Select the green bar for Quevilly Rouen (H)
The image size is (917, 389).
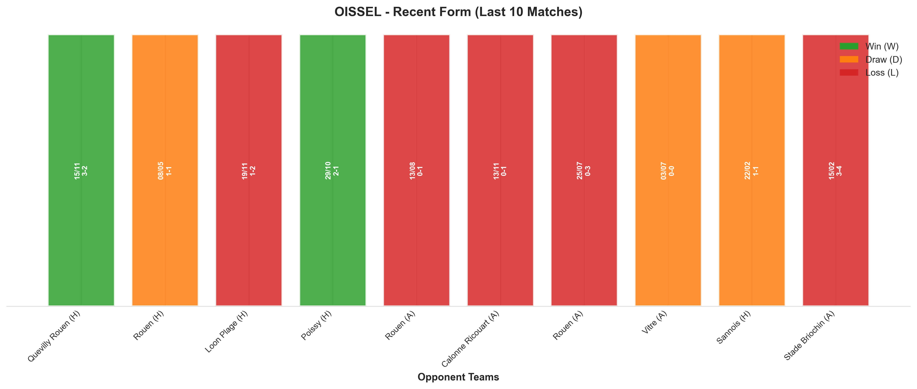coord(81,170)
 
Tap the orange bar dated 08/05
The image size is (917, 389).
coord(165,170)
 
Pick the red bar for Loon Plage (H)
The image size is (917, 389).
coord(249,170)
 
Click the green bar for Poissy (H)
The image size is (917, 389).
coord(333,170)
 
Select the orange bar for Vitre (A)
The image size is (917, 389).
coord(668,170)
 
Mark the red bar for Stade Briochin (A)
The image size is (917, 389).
coord(836,170)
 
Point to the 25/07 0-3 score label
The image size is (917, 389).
coord(584,170)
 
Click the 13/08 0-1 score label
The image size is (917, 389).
coord(416,170)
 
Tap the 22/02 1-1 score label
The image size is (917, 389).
coord(751,170)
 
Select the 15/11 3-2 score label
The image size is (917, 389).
coord(81,170)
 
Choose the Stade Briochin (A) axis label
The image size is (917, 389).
coord(809,336)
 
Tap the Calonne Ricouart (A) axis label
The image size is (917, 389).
coord(470,339)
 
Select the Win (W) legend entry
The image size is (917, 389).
coord(869,46)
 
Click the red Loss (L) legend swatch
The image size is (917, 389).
coord(849,73)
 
